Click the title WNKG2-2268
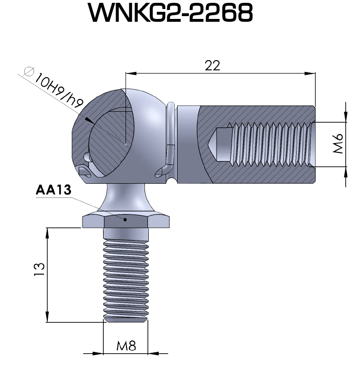point(171,15)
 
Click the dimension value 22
point(213,65)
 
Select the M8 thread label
point(126,346)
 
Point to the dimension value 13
point(40,268)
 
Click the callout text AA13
point(53,190)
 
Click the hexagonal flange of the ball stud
point(126,220)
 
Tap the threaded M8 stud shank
point(126,279)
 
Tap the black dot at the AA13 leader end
point(126,219)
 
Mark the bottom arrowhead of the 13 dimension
point(47,318)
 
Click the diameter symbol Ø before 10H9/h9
point(28,71)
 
